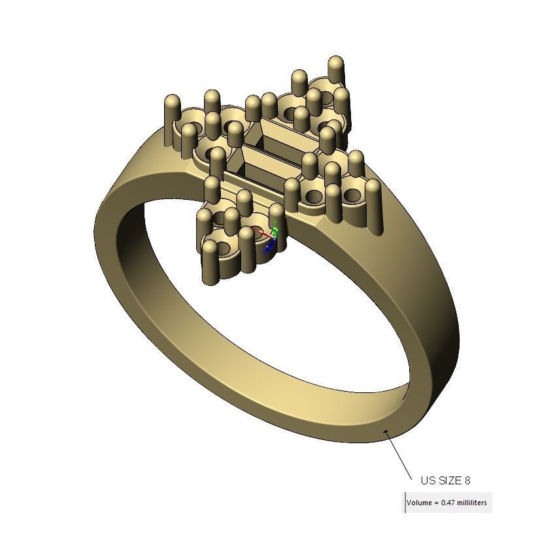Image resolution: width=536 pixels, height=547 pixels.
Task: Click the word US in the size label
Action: pyautogui.click(x=428, y=480)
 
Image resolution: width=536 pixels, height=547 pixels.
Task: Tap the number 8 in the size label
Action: pyautogui.click(x=467, y=480)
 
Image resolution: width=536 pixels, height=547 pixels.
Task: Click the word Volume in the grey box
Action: pyautogui.click(x=420, y=503)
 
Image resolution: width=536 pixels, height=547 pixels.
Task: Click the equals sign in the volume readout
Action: pyautogui.click(x=437, y=503)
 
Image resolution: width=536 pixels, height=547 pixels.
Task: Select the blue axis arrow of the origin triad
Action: pyautogui.click(x=268, y=247)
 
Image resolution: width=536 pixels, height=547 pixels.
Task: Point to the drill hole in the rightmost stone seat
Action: pyautogui.click(x=352, y=195)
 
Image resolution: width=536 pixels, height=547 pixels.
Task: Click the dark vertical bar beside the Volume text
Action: pyautogui.click(x=405, y=503)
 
